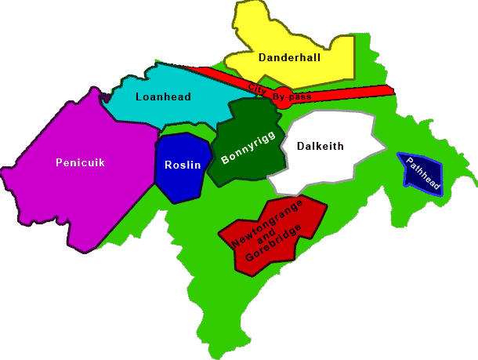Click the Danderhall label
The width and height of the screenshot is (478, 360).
[289, 57]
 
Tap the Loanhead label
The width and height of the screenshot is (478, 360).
[163, 97]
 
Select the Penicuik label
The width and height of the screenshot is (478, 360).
[80, 163]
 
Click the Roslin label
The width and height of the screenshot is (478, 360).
[183, 165]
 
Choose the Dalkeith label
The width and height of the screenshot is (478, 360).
[321, 145]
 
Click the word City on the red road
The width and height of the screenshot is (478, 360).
[255, 87]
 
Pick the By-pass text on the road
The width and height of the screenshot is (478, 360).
[292, 96]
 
